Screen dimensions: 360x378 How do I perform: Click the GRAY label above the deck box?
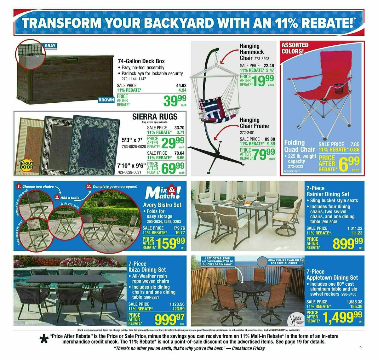click(50, 46)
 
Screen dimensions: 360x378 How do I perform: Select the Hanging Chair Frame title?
click(254, 123)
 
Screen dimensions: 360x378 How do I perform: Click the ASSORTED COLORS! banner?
click(295, 48)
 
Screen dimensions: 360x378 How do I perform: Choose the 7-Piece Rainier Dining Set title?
click(328, 191)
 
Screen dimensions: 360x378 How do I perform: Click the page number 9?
click(360, 348)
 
